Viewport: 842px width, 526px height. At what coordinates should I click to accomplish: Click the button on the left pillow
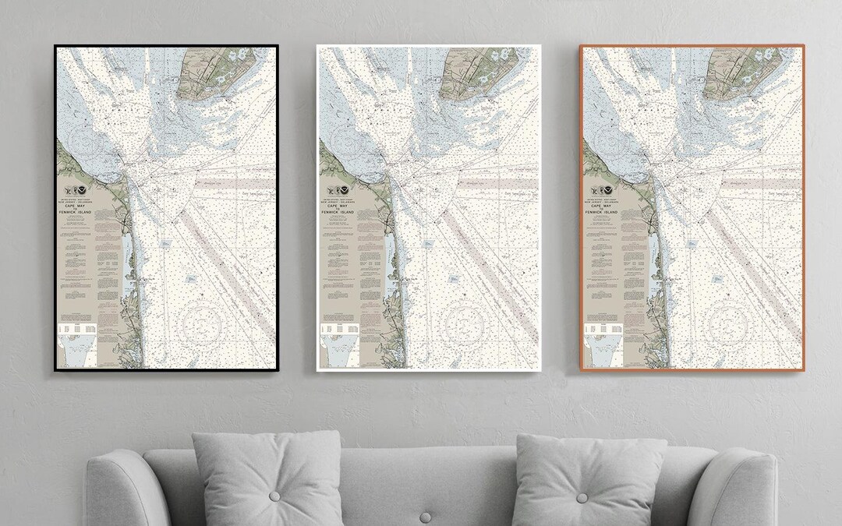click(274, 496)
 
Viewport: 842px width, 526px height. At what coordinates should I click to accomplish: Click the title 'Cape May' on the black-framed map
click(79, 206)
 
